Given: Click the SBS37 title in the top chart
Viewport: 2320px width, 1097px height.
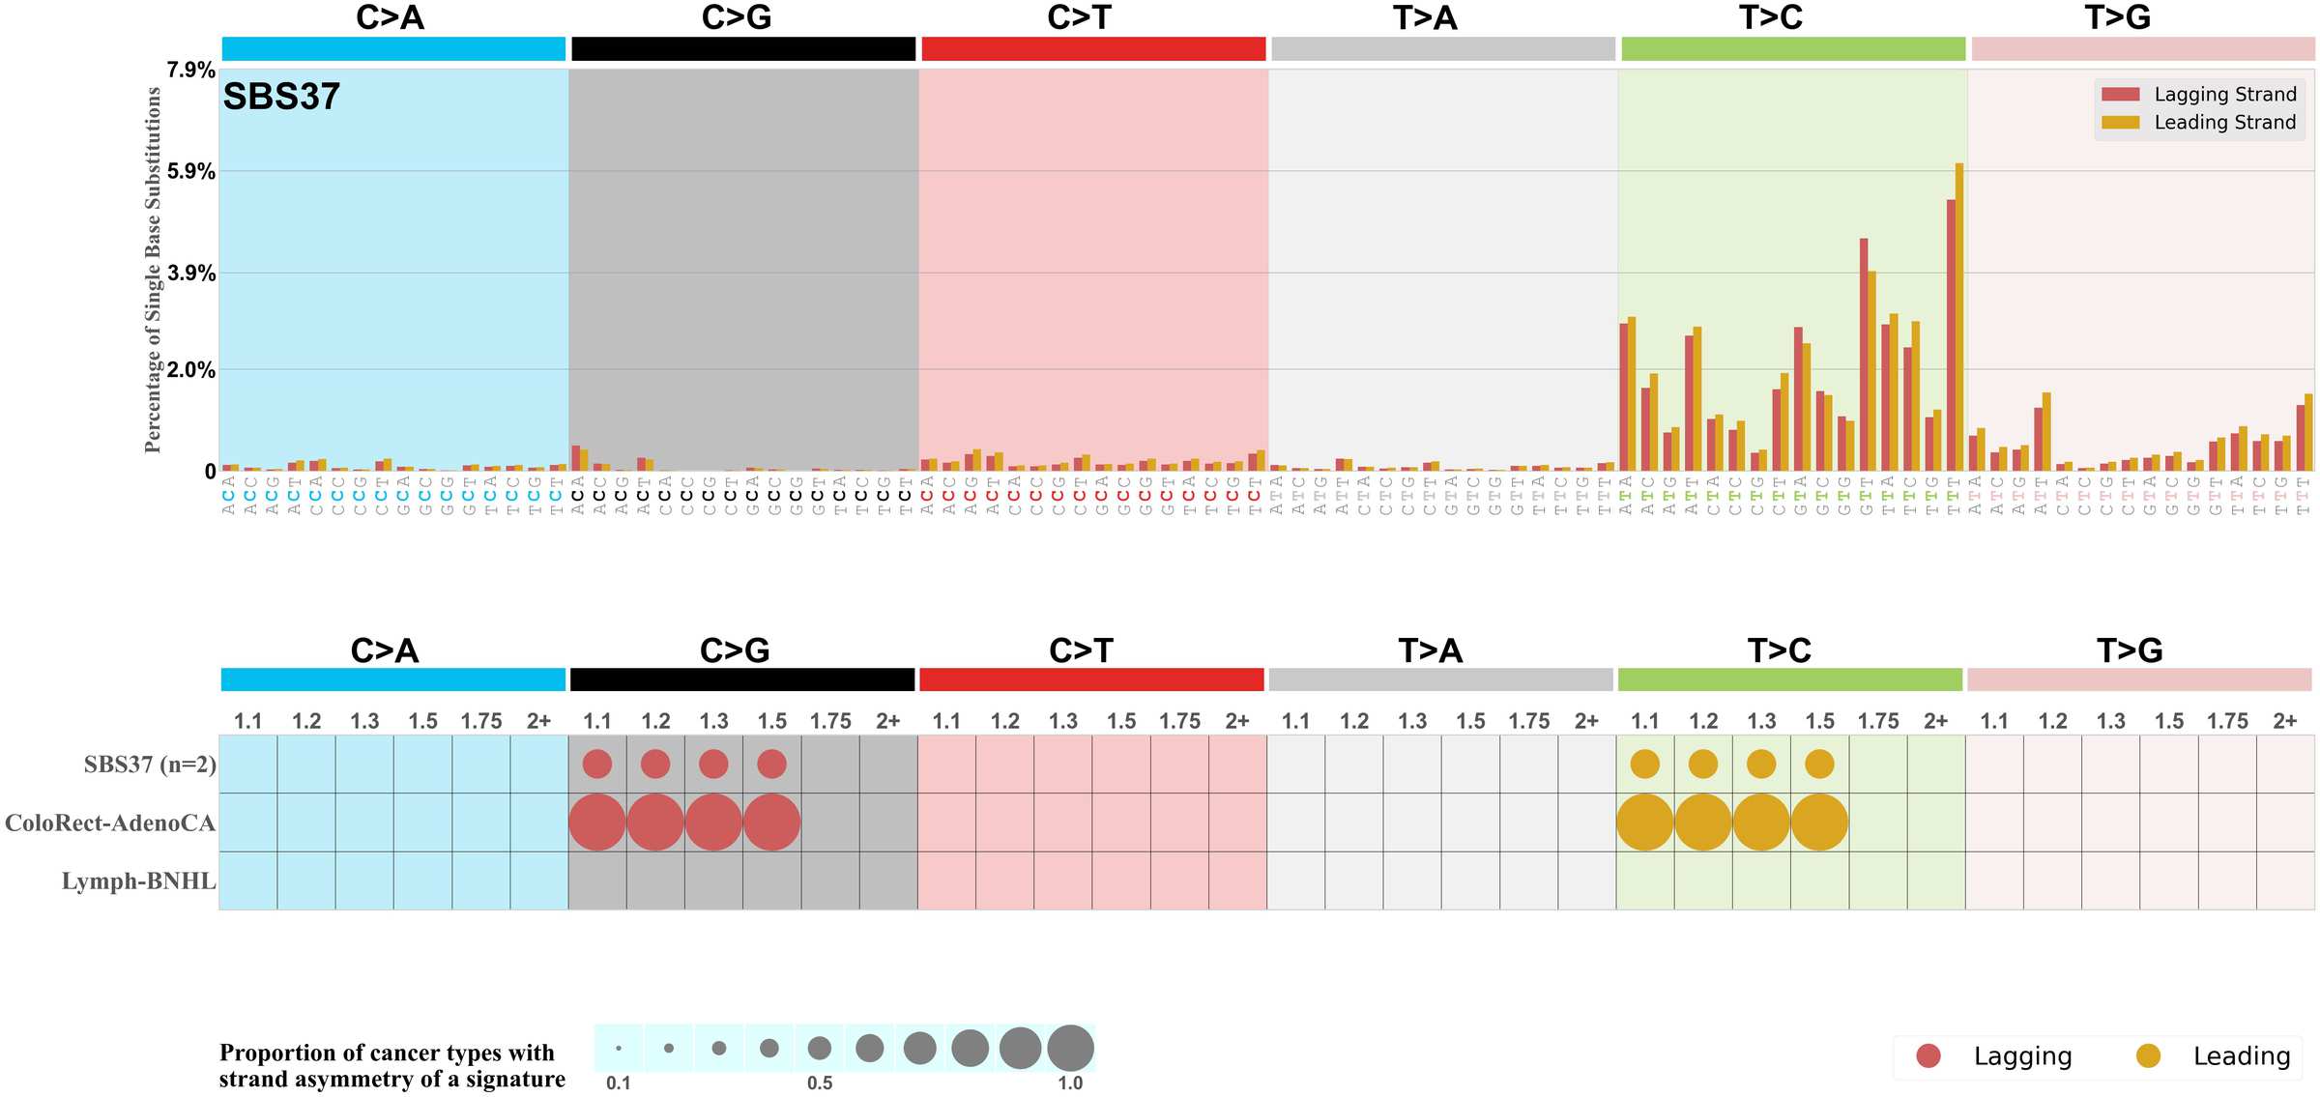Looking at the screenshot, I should tap(281, 97).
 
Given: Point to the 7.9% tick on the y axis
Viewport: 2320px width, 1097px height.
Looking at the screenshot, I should tap(190, 70).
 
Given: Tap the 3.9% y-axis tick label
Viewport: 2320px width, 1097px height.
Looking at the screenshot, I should tap(190, 274).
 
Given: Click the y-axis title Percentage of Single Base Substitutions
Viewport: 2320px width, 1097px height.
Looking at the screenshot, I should tap(153, 270).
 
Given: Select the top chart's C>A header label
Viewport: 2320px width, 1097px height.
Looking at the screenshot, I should tap(390, 17).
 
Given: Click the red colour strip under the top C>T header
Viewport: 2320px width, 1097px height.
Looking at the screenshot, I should tap(1093, 49).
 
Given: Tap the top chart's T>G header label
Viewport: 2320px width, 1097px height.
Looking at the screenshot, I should tap(2117, 17).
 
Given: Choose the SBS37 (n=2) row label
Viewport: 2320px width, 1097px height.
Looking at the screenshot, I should tap(150, 765).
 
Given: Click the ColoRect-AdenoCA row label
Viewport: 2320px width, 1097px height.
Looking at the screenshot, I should tap(110, 823).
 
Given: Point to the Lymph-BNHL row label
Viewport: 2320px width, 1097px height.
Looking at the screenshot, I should tap(138, 881).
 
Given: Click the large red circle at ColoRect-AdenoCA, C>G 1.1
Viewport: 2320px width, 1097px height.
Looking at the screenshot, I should tap(597, 823).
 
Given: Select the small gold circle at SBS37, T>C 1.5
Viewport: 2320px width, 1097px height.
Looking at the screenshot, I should tap(1819, 765).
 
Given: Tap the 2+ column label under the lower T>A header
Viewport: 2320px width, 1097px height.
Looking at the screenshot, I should tap(1586, 721).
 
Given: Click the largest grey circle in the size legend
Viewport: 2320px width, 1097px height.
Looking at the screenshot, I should tap(1070, 1048).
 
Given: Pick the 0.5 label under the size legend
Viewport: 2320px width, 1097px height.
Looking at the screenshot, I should tap(820, 1083).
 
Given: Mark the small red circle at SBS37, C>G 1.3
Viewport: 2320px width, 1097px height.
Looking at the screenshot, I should tap(713, 765).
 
